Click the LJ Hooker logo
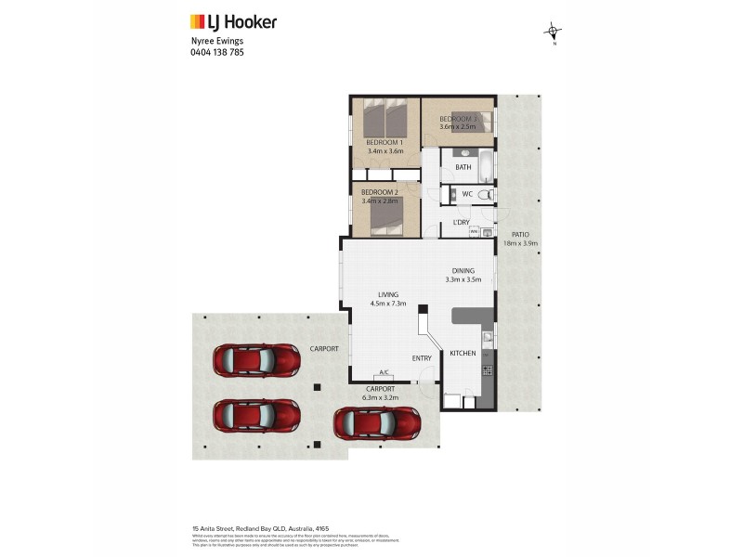[x=233, y=22]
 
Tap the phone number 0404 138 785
[x=217, y=53]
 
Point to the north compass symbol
[x=554, y=33]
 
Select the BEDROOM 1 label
[x=384, y=142]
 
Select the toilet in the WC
[x=489, y=194]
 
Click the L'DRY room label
[x=461, y=222]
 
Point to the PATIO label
[x=520, y=235]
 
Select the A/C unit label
[x=384, y=372]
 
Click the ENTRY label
[x=423, y=357]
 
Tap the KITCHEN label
[x=463, y=354]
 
